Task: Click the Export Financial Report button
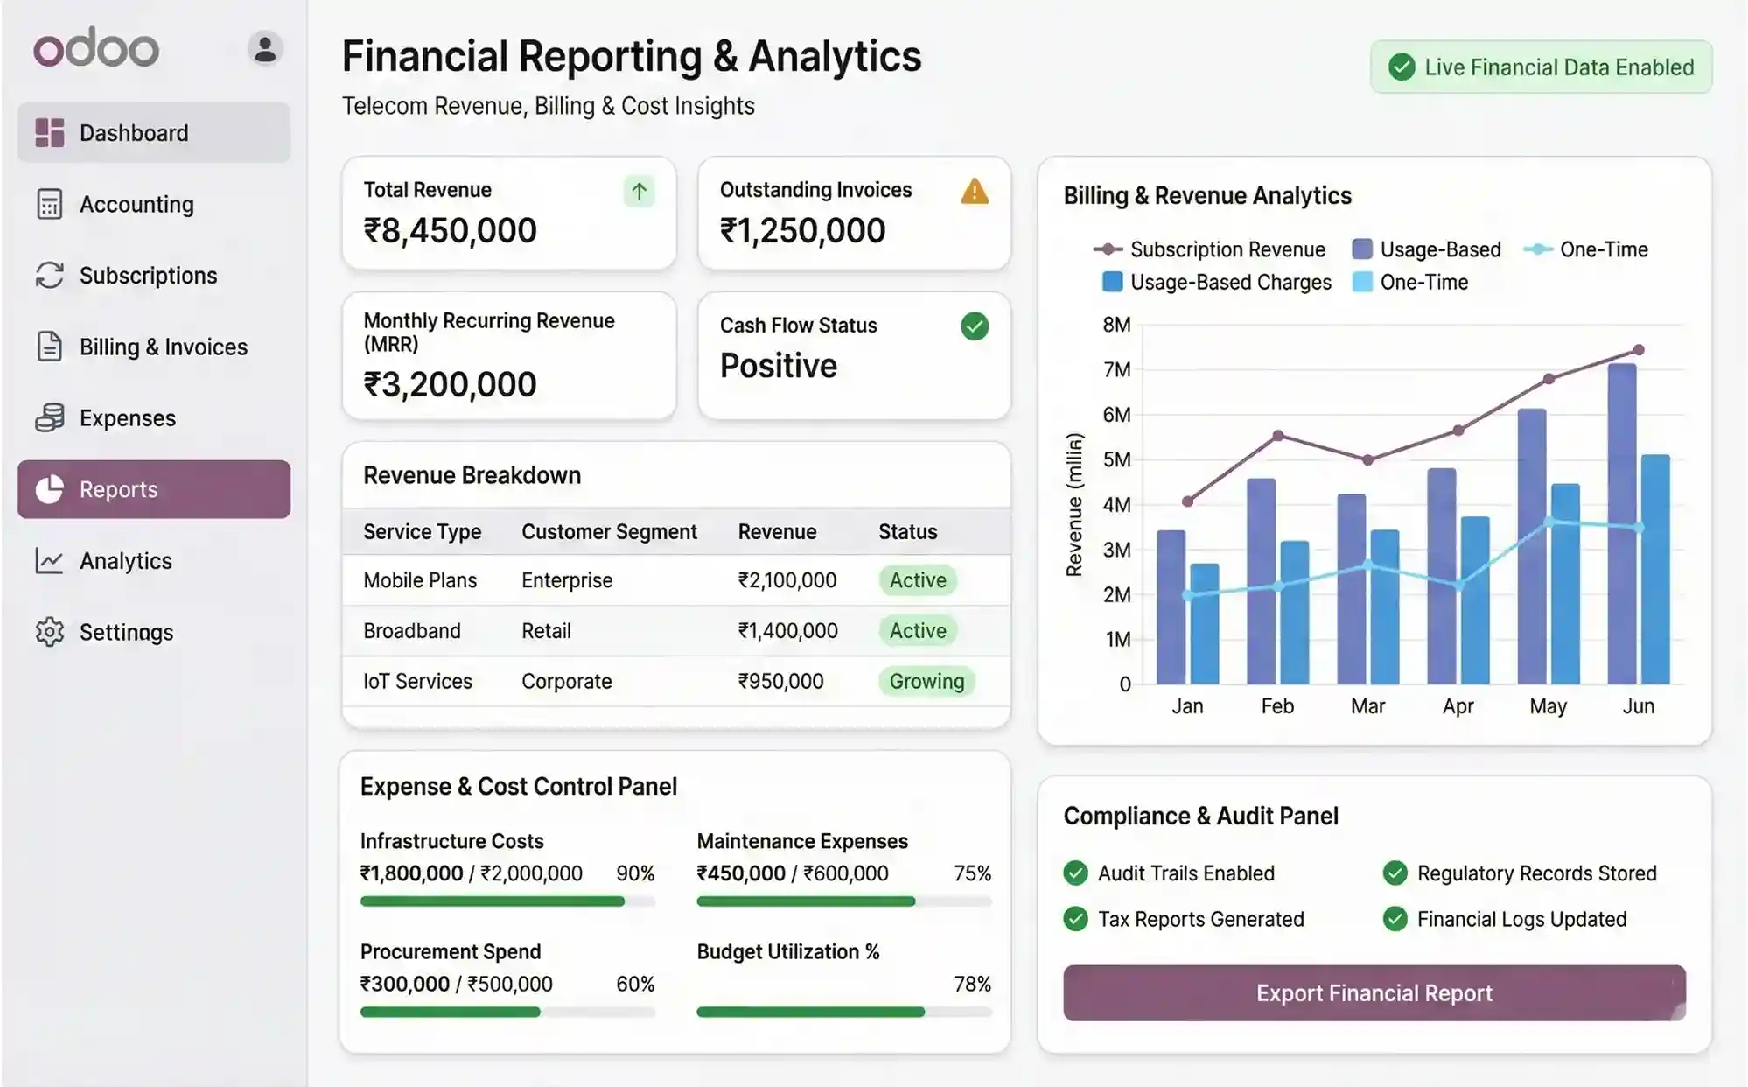coord(1374,992)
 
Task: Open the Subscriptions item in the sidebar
coord(148,276)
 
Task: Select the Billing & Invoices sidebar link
coord(163,347)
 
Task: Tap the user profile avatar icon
coord(265,48)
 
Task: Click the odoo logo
coord(96,48)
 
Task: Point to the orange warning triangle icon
coord(974,192)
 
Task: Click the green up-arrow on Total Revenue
coord(639,192)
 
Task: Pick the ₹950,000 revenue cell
coord(780,681)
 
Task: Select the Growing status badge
coord(926,681)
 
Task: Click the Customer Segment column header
coord(609,532)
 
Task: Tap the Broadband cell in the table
coord(411,631)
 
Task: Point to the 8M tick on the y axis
coord(1116,325)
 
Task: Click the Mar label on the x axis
coord(1367,706)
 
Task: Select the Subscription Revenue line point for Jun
coord(1639,350)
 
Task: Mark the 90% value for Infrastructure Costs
coord(635,873)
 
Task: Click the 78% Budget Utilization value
coord(972,984)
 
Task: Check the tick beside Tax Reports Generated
coord(1075,919)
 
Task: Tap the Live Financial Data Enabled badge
coord(1541,67)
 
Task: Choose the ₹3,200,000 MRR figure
coord(450,384)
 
